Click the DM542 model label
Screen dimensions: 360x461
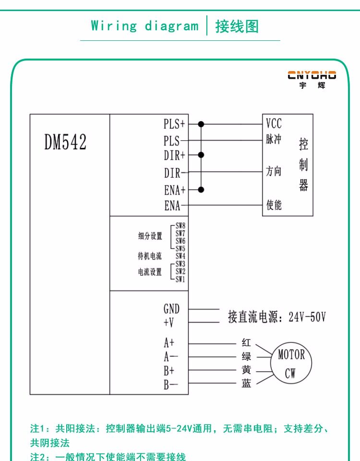(66, 142)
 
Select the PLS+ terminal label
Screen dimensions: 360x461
(174, 124)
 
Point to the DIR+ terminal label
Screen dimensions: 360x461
(174, 156)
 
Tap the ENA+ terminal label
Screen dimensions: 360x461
(174, 190)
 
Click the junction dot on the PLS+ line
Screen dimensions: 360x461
(201, 124)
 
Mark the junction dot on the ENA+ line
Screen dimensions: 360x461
(201, 189)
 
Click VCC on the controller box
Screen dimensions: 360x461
(274, 122)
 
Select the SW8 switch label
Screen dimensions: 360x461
(180, 226)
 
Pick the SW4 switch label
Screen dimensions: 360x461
(180, 256)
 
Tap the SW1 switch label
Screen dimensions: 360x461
(180, 279)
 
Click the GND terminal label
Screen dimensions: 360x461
(171, 309)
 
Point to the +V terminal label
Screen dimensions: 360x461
(168, 322)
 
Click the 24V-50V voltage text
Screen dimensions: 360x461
(307, 317)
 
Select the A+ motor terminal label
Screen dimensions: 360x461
(169, 343)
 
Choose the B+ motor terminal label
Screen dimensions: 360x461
(169, 371)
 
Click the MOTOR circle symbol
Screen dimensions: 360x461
(291, 363)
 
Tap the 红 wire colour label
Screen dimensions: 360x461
(246, 343)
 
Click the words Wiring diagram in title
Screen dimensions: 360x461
(144, 26)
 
